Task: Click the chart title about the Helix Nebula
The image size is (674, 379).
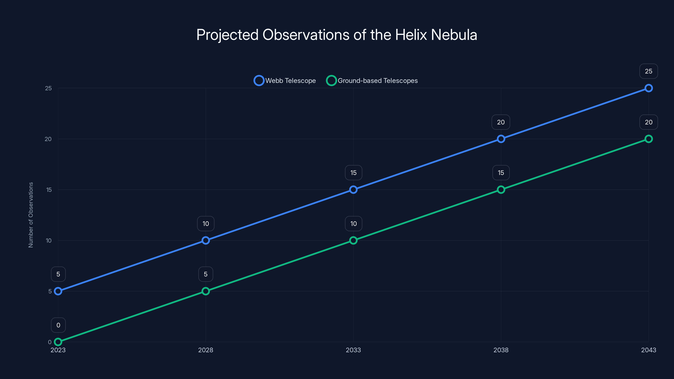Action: (337, 35)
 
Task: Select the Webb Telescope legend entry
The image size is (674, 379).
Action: (285, 81)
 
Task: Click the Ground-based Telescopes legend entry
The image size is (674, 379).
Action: (372, 81)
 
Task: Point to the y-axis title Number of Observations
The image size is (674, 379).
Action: (31, 215)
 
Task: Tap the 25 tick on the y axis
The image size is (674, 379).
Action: (48, 88)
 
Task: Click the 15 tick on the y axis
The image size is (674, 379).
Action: (49, 190)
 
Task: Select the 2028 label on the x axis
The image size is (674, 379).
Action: (206, 350)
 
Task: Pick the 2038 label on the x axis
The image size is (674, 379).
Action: (501, 350)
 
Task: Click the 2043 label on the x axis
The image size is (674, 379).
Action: (648, 350)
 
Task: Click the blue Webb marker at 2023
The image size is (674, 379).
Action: (58, 291)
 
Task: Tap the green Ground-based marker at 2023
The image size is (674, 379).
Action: (58, 342)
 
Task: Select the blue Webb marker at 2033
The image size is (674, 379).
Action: (353, 190)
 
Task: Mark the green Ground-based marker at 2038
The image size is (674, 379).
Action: (501, 190)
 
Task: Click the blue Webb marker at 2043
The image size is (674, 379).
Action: (648, 88)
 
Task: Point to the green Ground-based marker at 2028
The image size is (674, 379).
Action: (206, 291)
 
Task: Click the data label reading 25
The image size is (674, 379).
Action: (648, 71)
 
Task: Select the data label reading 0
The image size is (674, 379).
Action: (58, 325)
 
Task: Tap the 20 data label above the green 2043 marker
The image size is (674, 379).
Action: (648, 122)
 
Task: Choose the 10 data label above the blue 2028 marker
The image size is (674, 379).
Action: (206, 224)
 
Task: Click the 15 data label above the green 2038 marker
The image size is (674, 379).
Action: (501, 173)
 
